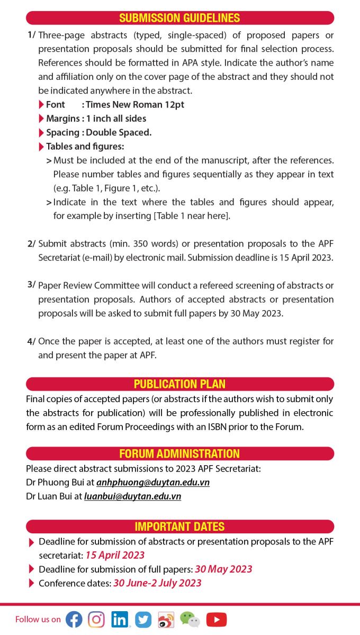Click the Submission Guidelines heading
(179, 18)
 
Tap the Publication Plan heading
(179, 384)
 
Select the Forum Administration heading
(179, 453)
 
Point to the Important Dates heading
(179, 527)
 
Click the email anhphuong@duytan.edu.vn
(153, 483)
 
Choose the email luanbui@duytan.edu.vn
(132, 496)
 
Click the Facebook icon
(74, 619)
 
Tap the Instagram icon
(96, 619)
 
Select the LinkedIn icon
(120, 619)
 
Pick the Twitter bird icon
(143, 619)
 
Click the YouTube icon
(216, 619)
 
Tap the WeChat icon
(190, 619)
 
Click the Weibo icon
(166, 619)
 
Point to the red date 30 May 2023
(223, 569)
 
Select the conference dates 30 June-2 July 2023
(157, 583)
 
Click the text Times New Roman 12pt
(135, 105)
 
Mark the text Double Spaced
(119, 132)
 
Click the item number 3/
(31, 285)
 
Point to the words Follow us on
(38, 619)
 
